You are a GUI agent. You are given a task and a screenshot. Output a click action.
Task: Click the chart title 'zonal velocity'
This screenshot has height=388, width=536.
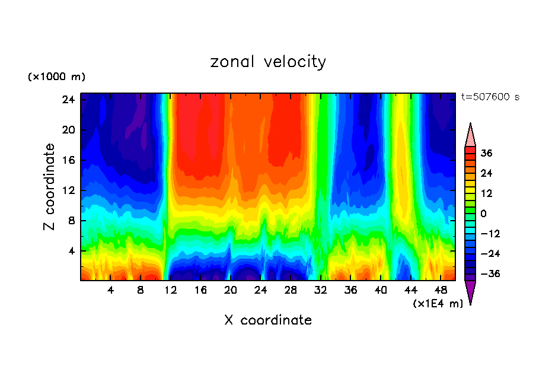point(268,62)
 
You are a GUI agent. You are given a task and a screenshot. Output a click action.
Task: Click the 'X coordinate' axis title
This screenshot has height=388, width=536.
point(268,320)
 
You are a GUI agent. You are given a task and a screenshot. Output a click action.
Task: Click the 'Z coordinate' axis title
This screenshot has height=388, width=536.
point(50,187)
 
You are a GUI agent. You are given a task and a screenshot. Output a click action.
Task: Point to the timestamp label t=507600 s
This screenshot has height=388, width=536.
point(490,97)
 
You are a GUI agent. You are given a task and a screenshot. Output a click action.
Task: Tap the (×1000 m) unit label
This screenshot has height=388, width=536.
point(56,77)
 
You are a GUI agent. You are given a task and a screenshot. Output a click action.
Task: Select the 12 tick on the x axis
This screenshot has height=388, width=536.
point(171,290)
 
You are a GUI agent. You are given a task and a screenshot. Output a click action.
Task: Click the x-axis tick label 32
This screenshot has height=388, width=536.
point(321,290)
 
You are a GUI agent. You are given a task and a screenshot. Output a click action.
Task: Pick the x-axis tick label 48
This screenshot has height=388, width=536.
point(441,290)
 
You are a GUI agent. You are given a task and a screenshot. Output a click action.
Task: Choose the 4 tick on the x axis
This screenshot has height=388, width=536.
point(111,290)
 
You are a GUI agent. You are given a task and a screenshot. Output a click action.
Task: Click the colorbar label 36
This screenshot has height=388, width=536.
point(486,153)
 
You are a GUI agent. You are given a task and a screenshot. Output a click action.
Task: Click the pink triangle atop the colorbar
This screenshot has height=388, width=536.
point(470,135)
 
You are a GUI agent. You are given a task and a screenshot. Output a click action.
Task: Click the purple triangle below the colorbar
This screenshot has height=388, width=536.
point(470,291)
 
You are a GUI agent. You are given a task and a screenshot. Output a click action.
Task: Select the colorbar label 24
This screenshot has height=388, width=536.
point(486,173)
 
